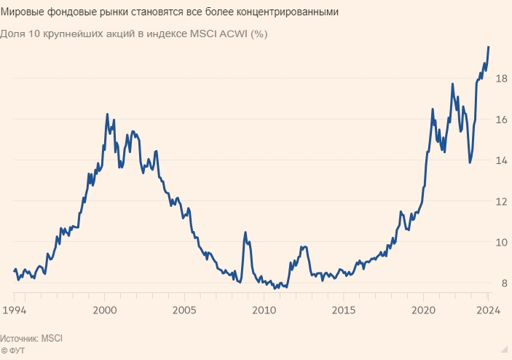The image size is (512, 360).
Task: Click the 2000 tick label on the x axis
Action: point(104,309)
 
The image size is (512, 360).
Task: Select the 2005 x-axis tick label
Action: point(185,309)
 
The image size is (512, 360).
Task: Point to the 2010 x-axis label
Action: point(264,309)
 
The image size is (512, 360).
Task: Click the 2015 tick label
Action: point(343,309)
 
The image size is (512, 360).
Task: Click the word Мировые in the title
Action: point(24,13)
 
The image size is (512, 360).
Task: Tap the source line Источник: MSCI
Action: point(32,339)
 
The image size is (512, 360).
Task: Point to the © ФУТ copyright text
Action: point(14,351)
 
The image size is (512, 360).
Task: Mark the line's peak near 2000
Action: point(107,114)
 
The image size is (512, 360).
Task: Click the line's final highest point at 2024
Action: point(489,46)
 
